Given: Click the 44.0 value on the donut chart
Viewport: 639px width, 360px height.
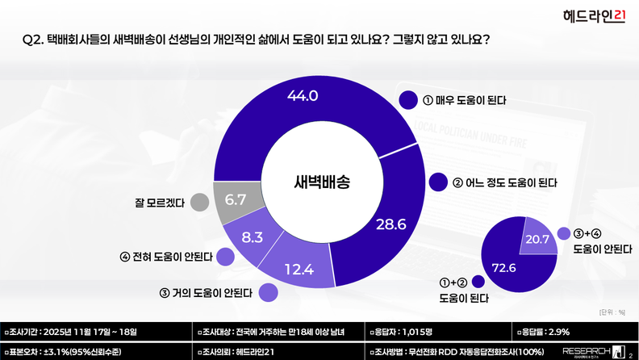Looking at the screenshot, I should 303,96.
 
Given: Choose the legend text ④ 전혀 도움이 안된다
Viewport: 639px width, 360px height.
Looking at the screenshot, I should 165,257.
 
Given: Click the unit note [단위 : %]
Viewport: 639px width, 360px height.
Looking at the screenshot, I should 612,312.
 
